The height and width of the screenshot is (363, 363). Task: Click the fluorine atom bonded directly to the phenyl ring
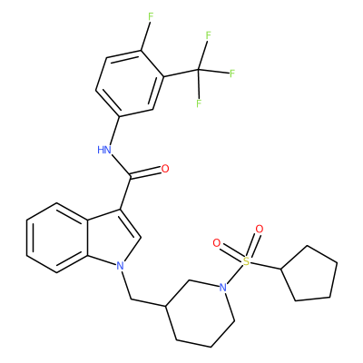(x=150, y=17)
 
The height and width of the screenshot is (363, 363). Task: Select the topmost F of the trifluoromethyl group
(x=208, y=35)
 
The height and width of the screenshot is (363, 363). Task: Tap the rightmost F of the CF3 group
(x=232, y=74)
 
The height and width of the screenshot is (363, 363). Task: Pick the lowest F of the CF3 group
(x=199, y=103)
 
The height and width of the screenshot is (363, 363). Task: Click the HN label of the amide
(x=104, y=150)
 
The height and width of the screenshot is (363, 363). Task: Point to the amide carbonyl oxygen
(x=165, y=169)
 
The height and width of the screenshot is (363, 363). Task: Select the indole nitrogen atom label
(x=121, y=266)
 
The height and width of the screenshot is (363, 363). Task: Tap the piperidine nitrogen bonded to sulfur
(x=222, y=287)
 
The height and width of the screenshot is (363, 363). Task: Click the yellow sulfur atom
(x=247, y=260)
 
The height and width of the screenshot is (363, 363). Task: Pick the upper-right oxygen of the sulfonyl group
(x=259, y=229)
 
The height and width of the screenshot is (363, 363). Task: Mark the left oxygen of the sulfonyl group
(x=217, y=243)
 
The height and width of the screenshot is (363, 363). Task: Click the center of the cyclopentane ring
(x=309, y=274)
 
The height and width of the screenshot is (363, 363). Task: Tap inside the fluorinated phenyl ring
(x=130, y=83)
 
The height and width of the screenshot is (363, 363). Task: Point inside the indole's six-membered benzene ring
(x=57, y=238)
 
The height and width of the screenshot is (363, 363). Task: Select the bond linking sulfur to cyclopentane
(x=266, y=265)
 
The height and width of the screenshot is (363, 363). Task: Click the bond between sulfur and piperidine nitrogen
(x=235, y=274)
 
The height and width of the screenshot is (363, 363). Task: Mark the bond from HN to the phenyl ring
(x=114, y=131)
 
